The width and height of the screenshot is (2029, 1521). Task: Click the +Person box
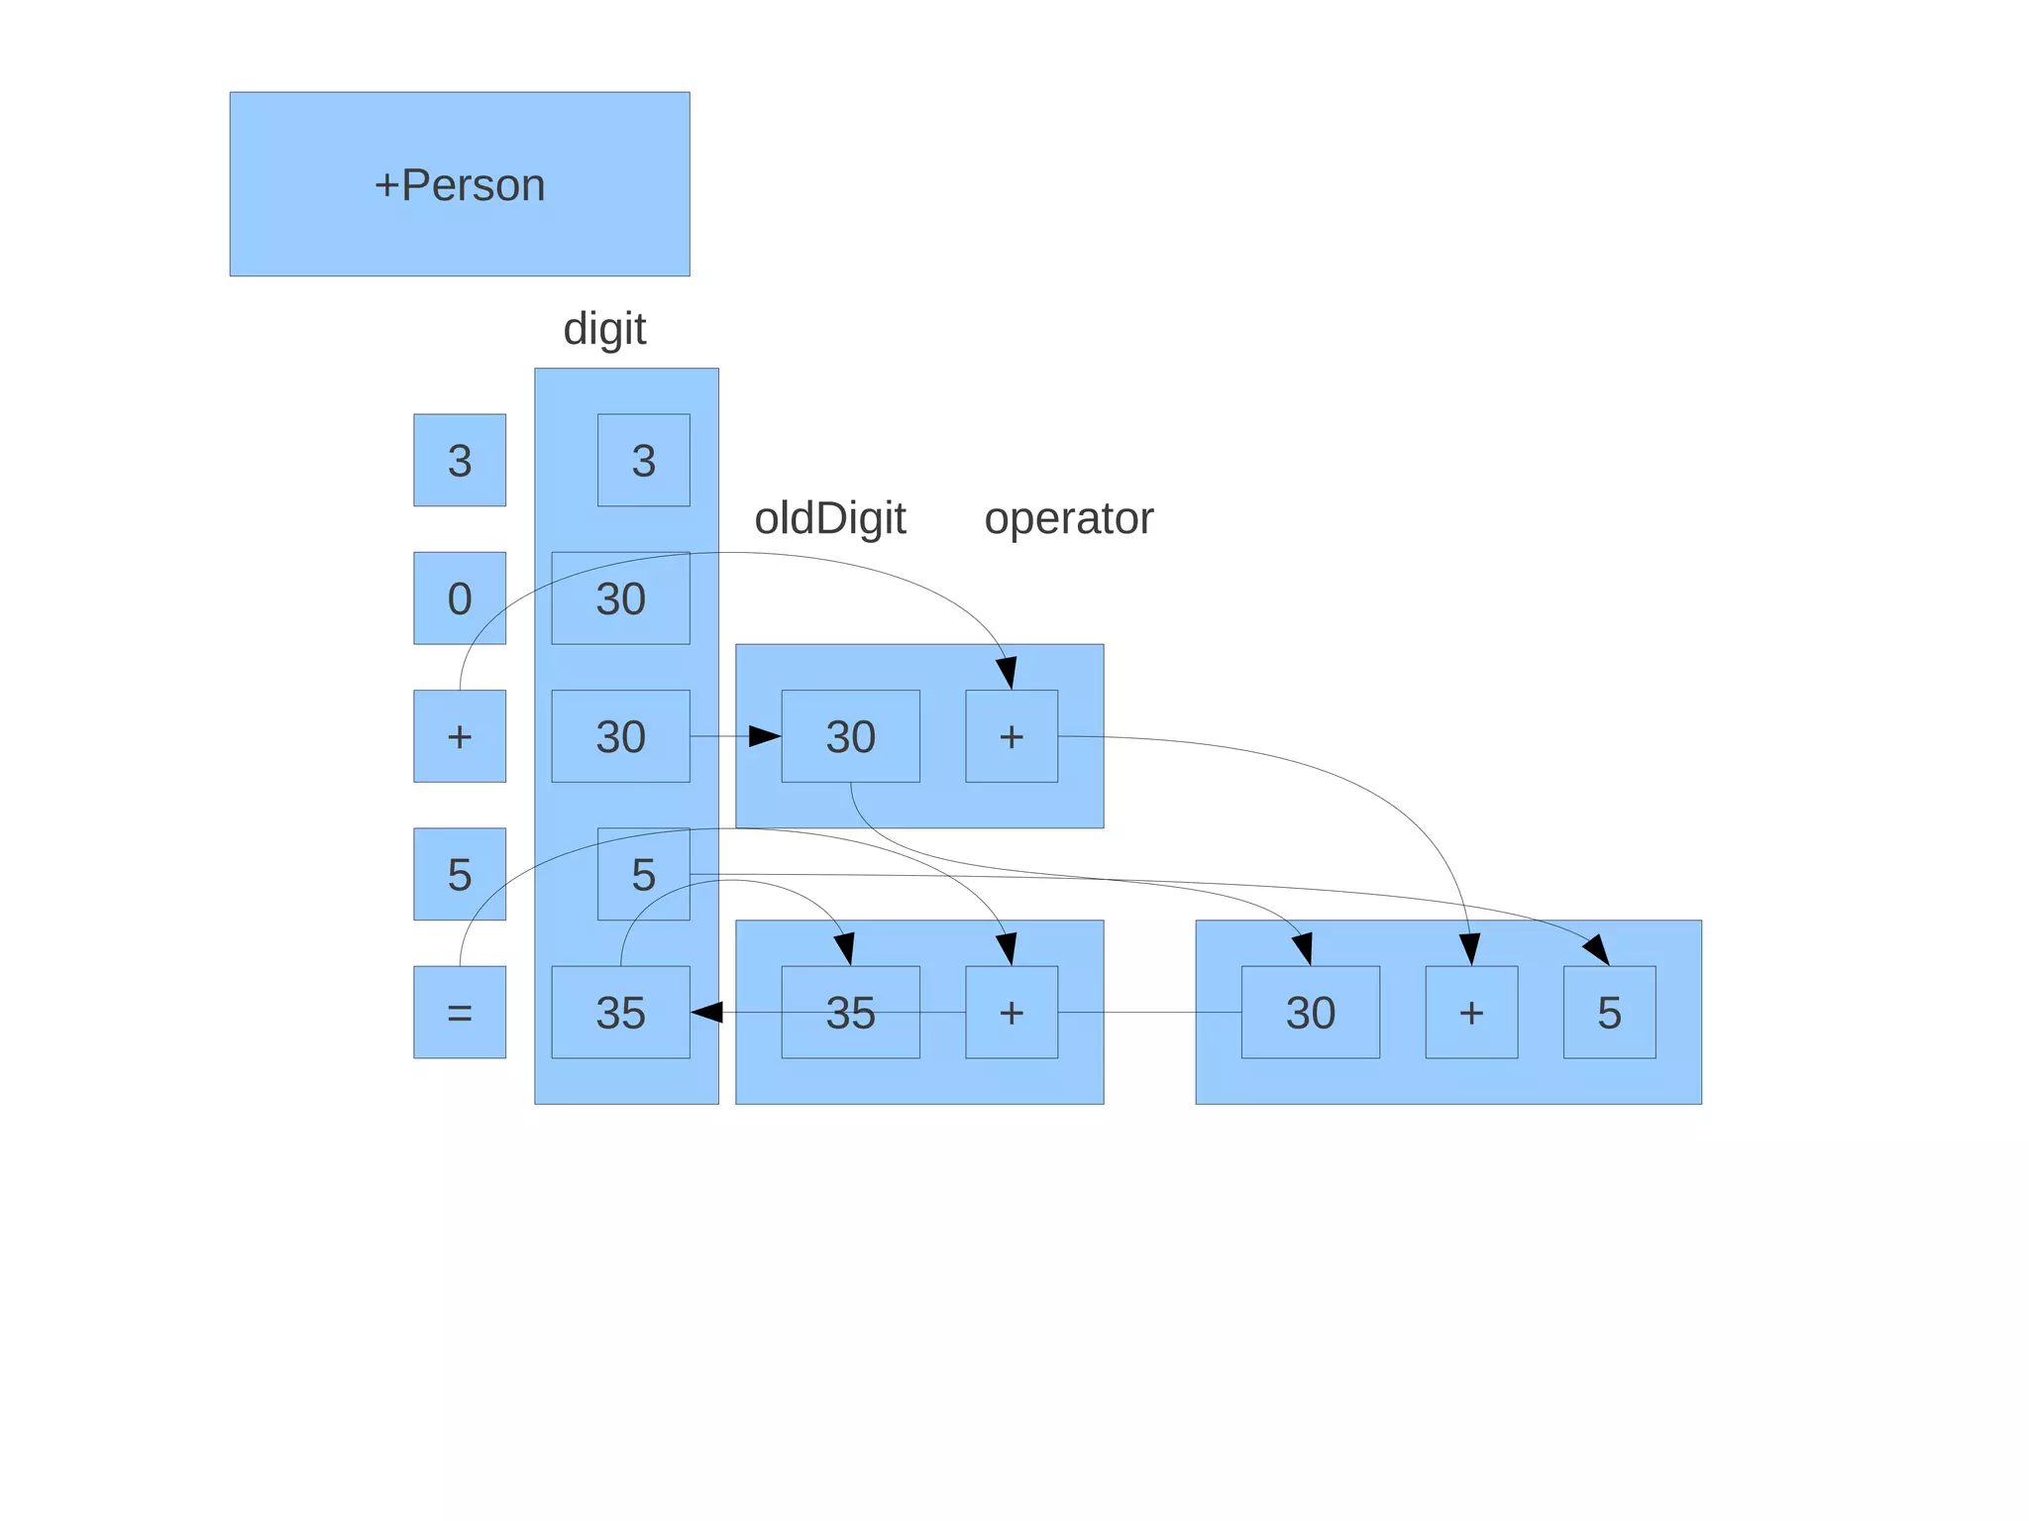459,184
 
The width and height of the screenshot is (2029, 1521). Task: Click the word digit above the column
604,329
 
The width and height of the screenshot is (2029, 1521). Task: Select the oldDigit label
829,518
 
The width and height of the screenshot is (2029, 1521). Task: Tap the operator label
1068,518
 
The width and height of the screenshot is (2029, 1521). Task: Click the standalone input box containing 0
459,598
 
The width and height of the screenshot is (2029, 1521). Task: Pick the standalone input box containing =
459,1012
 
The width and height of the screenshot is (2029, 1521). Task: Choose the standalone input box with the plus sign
459,736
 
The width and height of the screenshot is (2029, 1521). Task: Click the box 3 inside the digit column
643,461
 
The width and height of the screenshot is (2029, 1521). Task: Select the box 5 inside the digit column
643,874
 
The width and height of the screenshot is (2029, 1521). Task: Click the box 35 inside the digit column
620,1012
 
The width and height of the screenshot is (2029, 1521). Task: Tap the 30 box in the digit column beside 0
620,598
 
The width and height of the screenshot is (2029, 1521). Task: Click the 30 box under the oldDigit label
850,736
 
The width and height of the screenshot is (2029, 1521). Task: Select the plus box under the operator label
1011,736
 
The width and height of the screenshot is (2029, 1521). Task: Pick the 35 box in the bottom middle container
850,1012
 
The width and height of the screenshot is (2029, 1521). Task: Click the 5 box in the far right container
1609,1012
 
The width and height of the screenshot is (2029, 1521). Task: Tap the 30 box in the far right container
1310,1012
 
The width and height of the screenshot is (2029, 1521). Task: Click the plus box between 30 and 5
1471,1012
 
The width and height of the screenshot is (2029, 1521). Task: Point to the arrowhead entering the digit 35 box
706,1012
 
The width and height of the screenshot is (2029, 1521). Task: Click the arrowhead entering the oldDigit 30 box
765,736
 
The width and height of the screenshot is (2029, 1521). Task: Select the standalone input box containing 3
459,461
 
